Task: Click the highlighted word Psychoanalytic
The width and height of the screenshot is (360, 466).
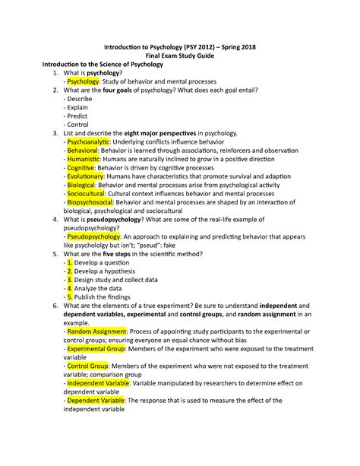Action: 89,142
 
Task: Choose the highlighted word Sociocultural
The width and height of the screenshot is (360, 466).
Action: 87,194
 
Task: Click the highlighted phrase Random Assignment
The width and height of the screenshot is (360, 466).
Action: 96,332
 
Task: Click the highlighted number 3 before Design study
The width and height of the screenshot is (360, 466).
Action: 70,280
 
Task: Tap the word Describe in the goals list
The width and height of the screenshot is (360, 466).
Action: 79,99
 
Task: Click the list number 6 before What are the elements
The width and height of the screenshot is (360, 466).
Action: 55,306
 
